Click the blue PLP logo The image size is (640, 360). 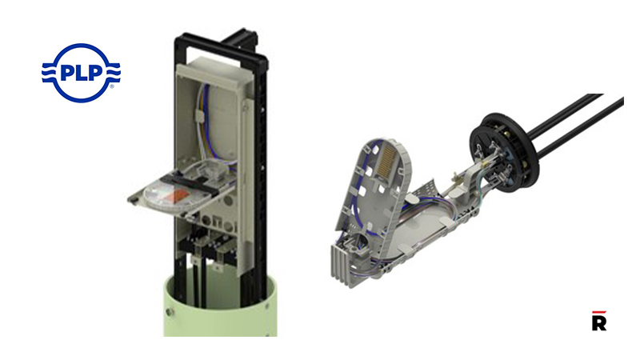(x=81, y=73)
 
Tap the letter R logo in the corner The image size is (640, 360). (x=598, y=322)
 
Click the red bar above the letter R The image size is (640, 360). (x=598, y=311)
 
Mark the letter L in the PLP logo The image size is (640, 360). (x=80, y=72)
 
